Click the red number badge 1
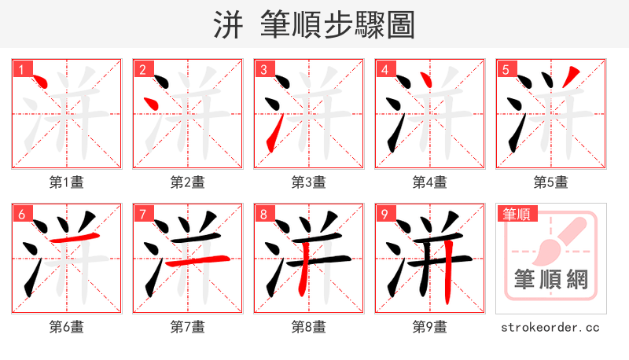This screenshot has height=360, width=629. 21,69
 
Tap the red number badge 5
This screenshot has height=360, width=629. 506,69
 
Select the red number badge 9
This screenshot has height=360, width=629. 384,214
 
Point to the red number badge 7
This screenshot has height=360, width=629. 142,214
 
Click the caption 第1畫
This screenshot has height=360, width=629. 66,182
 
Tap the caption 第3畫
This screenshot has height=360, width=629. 308,182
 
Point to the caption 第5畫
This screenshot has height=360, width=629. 550,182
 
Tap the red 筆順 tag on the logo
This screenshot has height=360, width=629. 516,214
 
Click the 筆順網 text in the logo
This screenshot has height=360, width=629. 550,280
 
